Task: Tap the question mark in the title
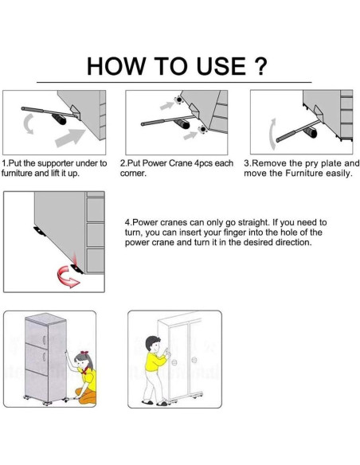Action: coord(260,65)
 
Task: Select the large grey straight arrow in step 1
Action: coord(70,137)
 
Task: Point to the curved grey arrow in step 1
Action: coord(27,124)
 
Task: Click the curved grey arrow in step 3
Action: coord(272,134)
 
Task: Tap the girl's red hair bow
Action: coord(84,353)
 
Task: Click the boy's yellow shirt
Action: coord(155,361)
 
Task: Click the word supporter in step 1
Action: coord(56,163)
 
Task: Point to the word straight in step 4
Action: coord(253,222)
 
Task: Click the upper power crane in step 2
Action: coord(179,100)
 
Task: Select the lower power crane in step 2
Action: coord(202,130)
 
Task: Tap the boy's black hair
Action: coord(153,342)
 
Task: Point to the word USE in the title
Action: coord(221,65)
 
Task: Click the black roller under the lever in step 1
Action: coord(59,119)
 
